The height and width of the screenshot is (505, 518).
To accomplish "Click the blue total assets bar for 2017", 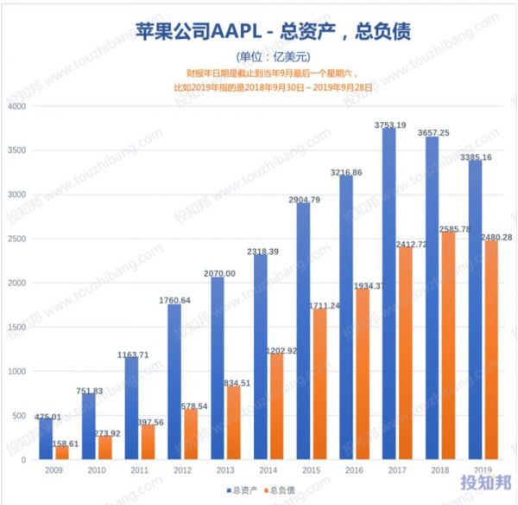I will pos(389,294).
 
